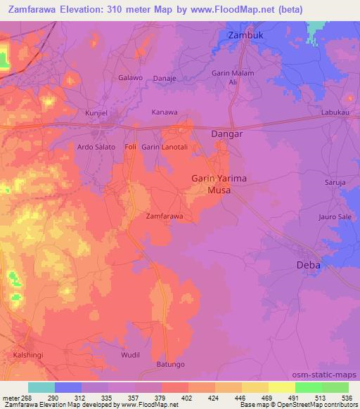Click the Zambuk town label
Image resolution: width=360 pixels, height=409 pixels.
click(x=245, y=34)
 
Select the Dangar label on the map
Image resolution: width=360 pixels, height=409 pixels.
click(x=227, y=134)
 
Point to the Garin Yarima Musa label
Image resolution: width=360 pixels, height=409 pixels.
click(x=219, y=184)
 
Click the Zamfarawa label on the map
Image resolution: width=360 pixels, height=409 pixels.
click(x=164, y=216)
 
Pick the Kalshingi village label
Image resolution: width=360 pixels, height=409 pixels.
click(x=28, y=356)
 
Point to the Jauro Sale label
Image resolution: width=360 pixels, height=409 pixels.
click(x=335, y=217)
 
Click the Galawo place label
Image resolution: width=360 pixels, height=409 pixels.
click(x=130, y=78)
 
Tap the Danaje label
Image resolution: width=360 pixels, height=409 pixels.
click(x=165, y=78)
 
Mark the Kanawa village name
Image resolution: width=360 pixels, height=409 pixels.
click(x=165, y=112)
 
